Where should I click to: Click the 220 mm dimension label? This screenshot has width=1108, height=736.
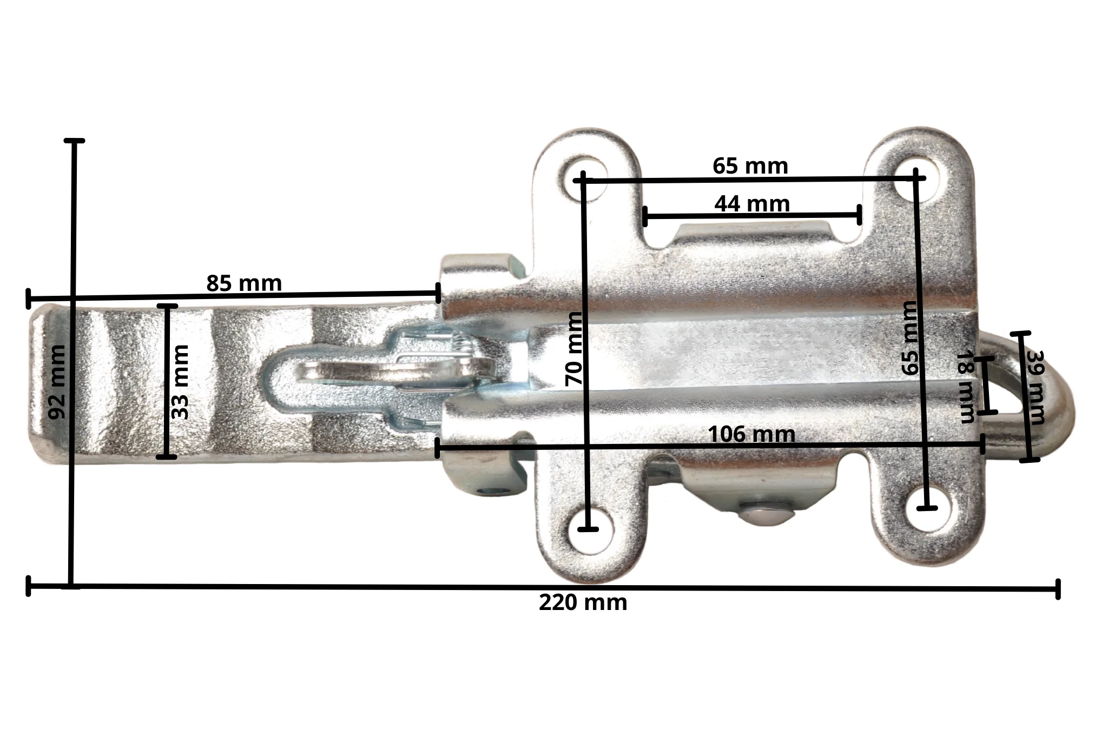click(x=583, y=602)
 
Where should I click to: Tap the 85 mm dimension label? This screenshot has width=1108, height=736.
click(x=244, y=283)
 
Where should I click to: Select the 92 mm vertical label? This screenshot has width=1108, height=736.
click(x=57, y=382)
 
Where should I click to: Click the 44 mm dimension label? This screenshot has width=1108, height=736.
click(x=752, y=204)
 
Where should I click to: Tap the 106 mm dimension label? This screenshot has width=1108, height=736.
click(x=751, y=434)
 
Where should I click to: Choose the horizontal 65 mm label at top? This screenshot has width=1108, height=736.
click(x=750, y=166)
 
